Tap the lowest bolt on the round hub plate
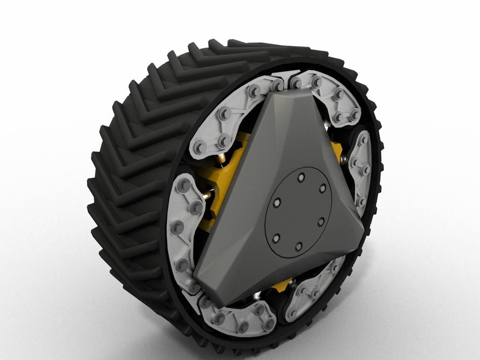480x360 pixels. coord(298,246)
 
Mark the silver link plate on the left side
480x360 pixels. coord(186,225)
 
